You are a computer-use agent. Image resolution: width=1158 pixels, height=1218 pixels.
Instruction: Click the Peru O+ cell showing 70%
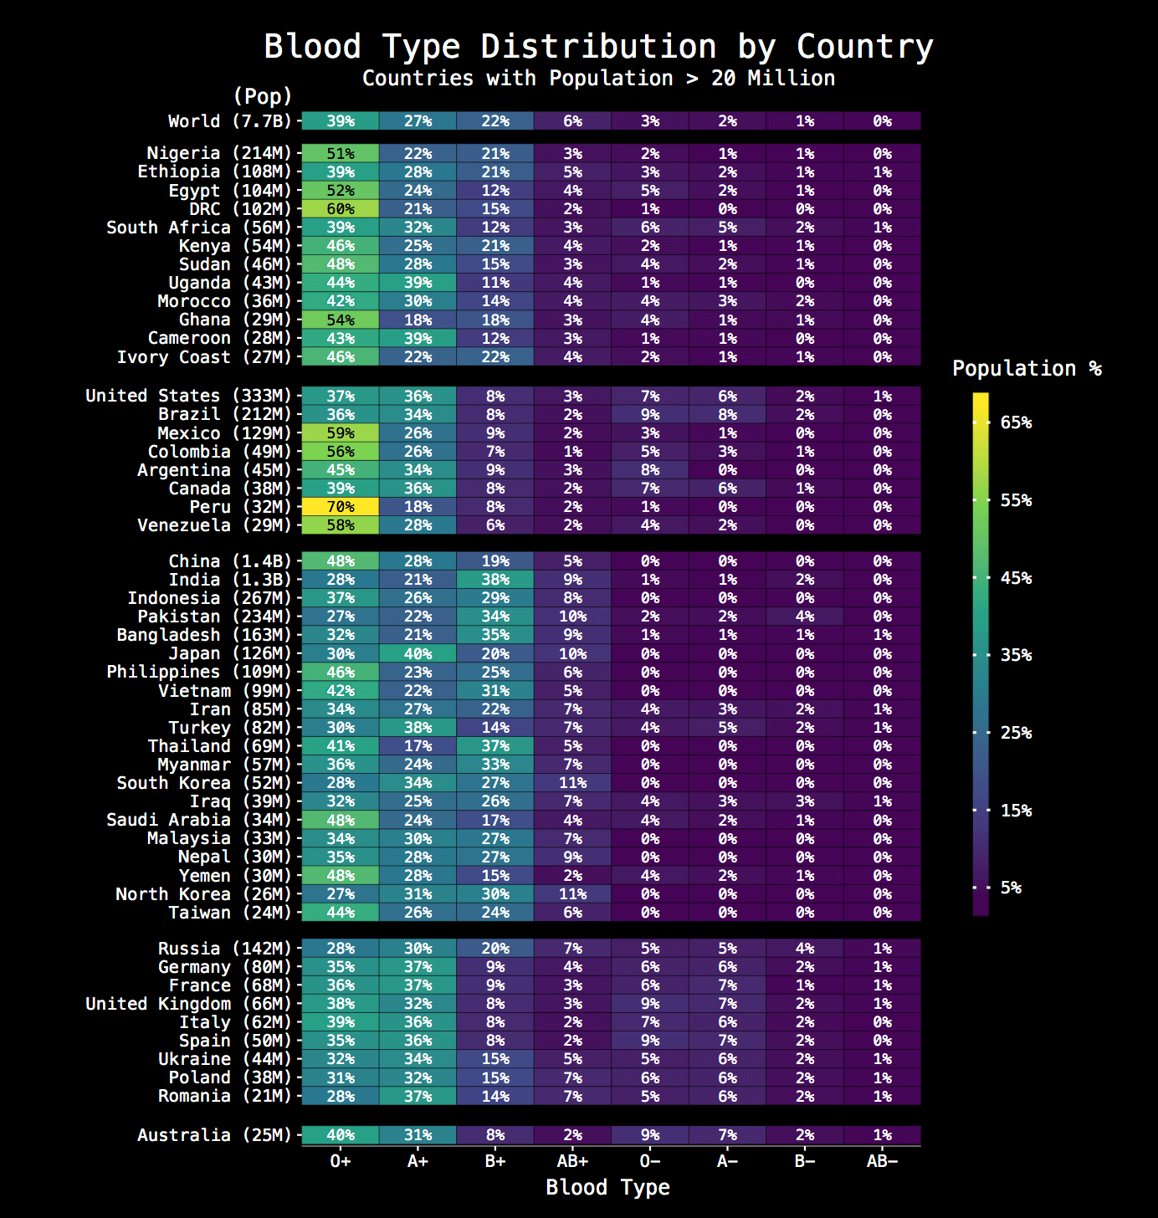pos(341,507)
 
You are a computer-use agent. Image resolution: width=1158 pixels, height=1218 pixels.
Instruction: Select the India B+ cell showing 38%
pos(495,580)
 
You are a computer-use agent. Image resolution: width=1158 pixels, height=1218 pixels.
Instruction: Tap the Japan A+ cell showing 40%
pos(418,653)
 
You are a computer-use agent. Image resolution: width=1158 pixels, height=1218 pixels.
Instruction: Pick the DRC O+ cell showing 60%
pos(341,209)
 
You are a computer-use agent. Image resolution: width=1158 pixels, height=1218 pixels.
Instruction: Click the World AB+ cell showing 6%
pos(572,121)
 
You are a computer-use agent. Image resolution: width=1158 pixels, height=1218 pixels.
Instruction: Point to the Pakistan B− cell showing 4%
pos(805,617)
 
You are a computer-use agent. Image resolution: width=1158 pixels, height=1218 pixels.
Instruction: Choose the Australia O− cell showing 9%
pos(650,1135)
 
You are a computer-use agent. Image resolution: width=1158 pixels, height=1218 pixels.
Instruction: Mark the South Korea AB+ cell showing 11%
pos(572,783)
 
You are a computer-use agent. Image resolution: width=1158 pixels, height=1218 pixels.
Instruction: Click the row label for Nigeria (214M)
pos(219,153)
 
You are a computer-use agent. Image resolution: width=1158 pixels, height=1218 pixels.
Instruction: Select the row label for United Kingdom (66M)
pos(188,1004)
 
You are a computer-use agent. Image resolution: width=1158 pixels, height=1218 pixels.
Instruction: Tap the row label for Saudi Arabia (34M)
pos(198,820)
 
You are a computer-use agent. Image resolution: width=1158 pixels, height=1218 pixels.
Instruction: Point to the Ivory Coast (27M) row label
pos(204,357)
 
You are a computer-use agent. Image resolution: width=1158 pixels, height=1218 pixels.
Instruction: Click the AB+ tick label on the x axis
pos(572,1161)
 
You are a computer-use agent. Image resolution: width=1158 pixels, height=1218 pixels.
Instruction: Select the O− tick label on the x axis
pos(650,1161)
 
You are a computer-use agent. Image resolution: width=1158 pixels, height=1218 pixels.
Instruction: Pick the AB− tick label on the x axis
pos(882,1161)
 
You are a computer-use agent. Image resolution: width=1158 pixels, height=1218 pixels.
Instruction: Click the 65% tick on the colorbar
pos(1016,422)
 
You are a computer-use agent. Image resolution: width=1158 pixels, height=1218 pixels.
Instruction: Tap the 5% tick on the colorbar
pos(1011,888)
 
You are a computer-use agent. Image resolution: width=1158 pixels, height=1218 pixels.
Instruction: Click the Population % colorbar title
pos(1027,369)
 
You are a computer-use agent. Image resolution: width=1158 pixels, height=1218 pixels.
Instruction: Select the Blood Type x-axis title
pos(607,1188)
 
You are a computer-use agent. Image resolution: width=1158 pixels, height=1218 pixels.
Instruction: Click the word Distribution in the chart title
pos(598,47)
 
